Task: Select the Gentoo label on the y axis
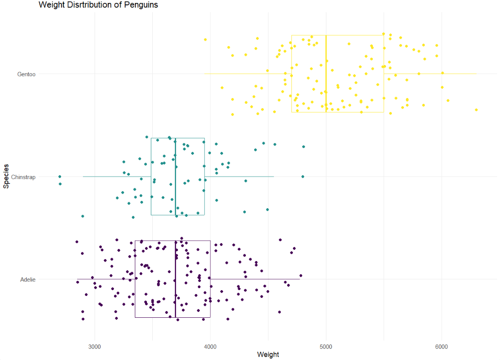pos(26,74)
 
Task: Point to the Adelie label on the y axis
pos(28,279)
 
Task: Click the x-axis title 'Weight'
pos(268,355)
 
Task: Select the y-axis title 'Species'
pos(6,177)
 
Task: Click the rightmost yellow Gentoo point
pos(476,110)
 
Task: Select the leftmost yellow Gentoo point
pos(205,39)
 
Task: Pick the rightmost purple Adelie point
pos(301,276)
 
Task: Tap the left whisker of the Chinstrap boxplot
pos(116,177)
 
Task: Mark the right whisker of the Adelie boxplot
pos(255,279)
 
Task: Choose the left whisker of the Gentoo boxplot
pos(247,74)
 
